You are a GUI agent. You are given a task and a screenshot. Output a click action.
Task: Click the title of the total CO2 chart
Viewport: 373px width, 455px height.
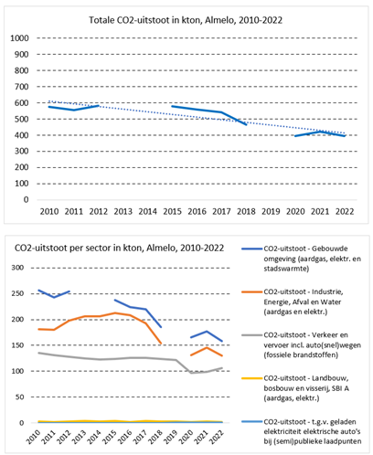click(186, 20)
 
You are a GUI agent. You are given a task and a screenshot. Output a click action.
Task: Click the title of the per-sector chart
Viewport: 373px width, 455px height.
click(119, 249)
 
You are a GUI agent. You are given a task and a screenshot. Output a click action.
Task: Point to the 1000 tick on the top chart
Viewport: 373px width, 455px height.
click(19, 38)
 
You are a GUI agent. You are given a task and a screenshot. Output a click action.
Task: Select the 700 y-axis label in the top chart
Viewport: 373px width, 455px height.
click(22, 87)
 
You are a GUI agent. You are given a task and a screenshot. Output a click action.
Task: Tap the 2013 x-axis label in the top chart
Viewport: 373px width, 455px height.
click(123, 211)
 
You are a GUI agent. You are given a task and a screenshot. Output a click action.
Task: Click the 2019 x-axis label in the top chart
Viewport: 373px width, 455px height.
click(271, 211)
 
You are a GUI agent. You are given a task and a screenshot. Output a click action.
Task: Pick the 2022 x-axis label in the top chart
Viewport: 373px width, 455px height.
click(345, 211)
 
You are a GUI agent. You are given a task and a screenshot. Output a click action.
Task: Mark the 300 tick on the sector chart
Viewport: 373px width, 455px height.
click(17, 268)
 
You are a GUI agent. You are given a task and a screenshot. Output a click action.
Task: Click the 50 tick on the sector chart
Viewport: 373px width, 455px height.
click(19, 397)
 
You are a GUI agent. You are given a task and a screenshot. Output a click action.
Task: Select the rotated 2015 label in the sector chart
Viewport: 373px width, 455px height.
click(111, 437)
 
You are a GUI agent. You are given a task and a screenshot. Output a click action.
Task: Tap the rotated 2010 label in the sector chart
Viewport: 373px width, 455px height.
click(34, 437)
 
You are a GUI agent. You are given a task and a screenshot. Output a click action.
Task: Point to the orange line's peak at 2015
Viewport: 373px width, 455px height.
click(114, 312)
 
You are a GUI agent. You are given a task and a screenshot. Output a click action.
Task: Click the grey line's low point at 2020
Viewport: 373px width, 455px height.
click(191, 373)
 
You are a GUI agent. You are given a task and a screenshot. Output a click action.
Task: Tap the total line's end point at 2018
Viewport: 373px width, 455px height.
click(246, 124)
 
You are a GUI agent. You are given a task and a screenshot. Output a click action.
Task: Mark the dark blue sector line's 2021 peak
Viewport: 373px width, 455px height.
click(207, 332)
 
